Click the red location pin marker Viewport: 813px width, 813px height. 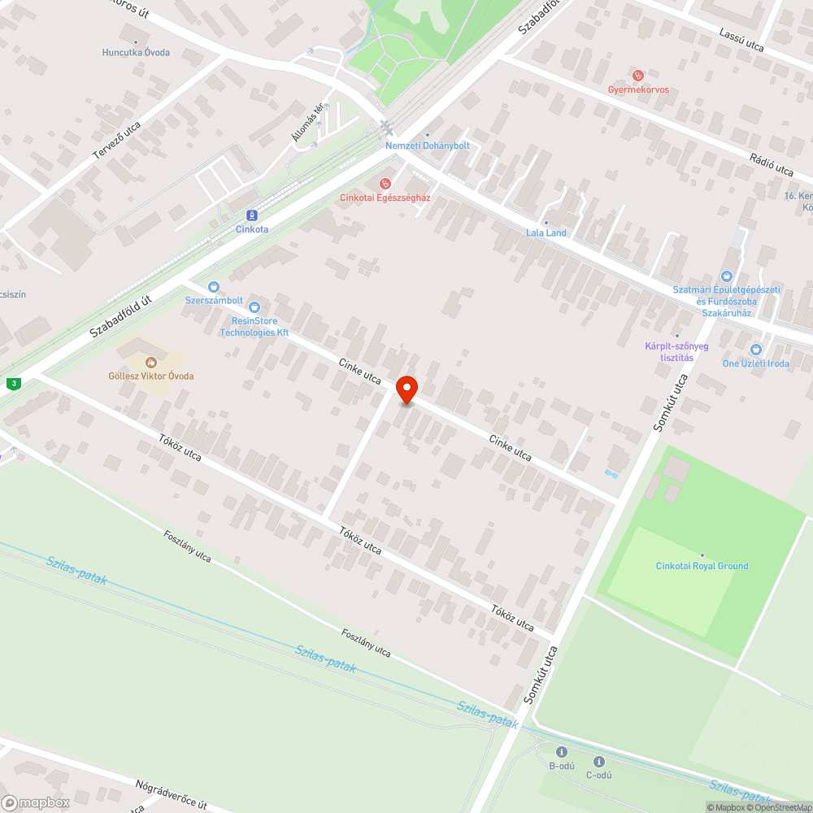(x=406, y=389)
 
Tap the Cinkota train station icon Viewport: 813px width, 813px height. (x=252, y=215)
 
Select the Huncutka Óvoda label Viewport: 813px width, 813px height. (x=136, y=53)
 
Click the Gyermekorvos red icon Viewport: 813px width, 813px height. (x=638, y=76)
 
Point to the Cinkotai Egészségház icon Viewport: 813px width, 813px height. (x=385, y=184)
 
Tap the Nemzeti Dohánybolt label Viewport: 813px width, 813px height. (x=427, y=146)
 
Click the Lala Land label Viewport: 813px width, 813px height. (x=546, y=233)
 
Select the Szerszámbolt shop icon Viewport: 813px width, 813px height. (x=214, y=286)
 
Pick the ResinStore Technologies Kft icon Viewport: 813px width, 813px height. (x=254, y=307)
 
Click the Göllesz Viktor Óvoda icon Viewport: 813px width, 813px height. (x=151, y=362)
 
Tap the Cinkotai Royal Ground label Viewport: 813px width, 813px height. (x=702, y=566)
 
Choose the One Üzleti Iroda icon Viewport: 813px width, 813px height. (x=756, y=350)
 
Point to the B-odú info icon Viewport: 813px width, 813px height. (x=561, y=751)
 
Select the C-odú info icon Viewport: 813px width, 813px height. (x=599, y=762)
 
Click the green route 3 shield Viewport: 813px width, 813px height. (x=13, y=383)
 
